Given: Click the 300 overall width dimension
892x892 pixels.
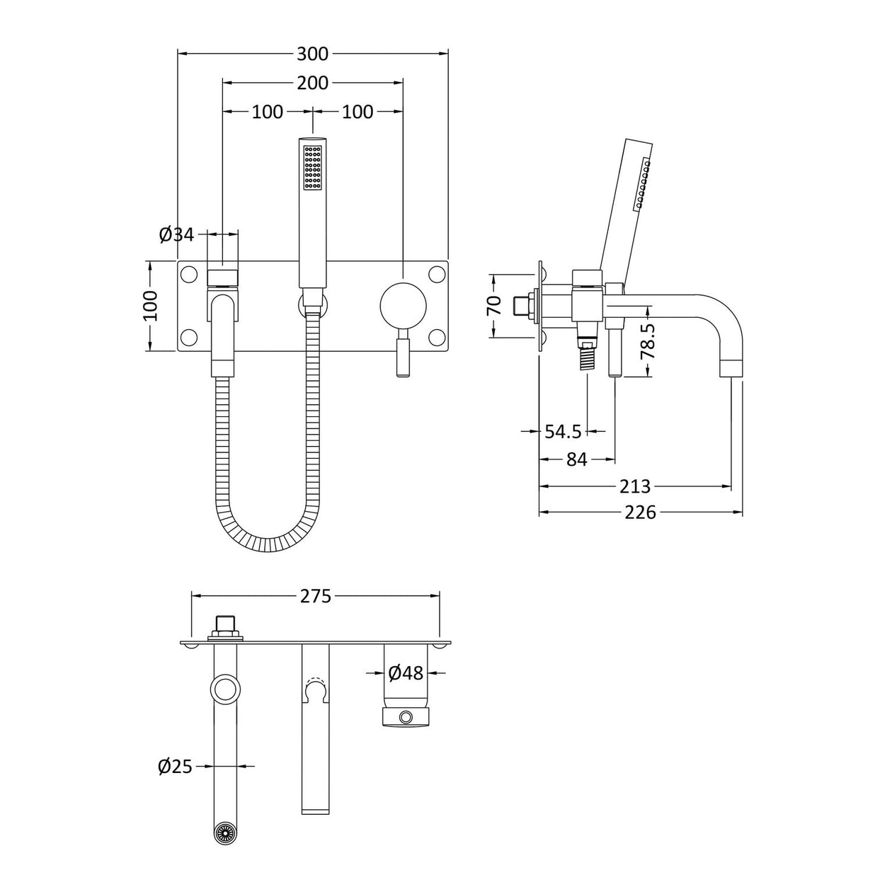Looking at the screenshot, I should tap(312, 54).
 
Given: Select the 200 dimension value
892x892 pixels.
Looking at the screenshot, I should tap(312, 83).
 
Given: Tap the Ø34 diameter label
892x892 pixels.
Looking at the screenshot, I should tap(176, 234).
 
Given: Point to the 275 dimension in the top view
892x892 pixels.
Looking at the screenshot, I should tap(315, 596).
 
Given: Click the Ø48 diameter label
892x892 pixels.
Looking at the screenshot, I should tap(406, 673).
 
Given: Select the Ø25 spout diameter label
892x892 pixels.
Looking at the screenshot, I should tap(176, 766).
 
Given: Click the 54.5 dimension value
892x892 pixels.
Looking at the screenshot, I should tap(563, 431).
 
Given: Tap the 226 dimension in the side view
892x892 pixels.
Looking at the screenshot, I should tap(641, 512).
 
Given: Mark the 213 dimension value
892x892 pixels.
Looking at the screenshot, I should tap(635, 486).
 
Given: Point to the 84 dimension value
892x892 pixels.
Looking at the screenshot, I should tap(577, 459).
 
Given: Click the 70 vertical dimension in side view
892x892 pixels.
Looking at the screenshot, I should tap(494, 305).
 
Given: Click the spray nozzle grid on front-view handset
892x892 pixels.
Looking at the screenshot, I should tap(312, 168).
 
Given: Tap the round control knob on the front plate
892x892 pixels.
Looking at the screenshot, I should tap(403, 305).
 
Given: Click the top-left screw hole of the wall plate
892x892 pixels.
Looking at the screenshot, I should tap(189, 273).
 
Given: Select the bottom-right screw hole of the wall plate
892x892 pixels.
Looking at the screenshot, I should tap(436, 337).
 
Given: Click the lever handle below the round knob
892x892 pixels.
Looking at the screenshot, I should tap(404, 353).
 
